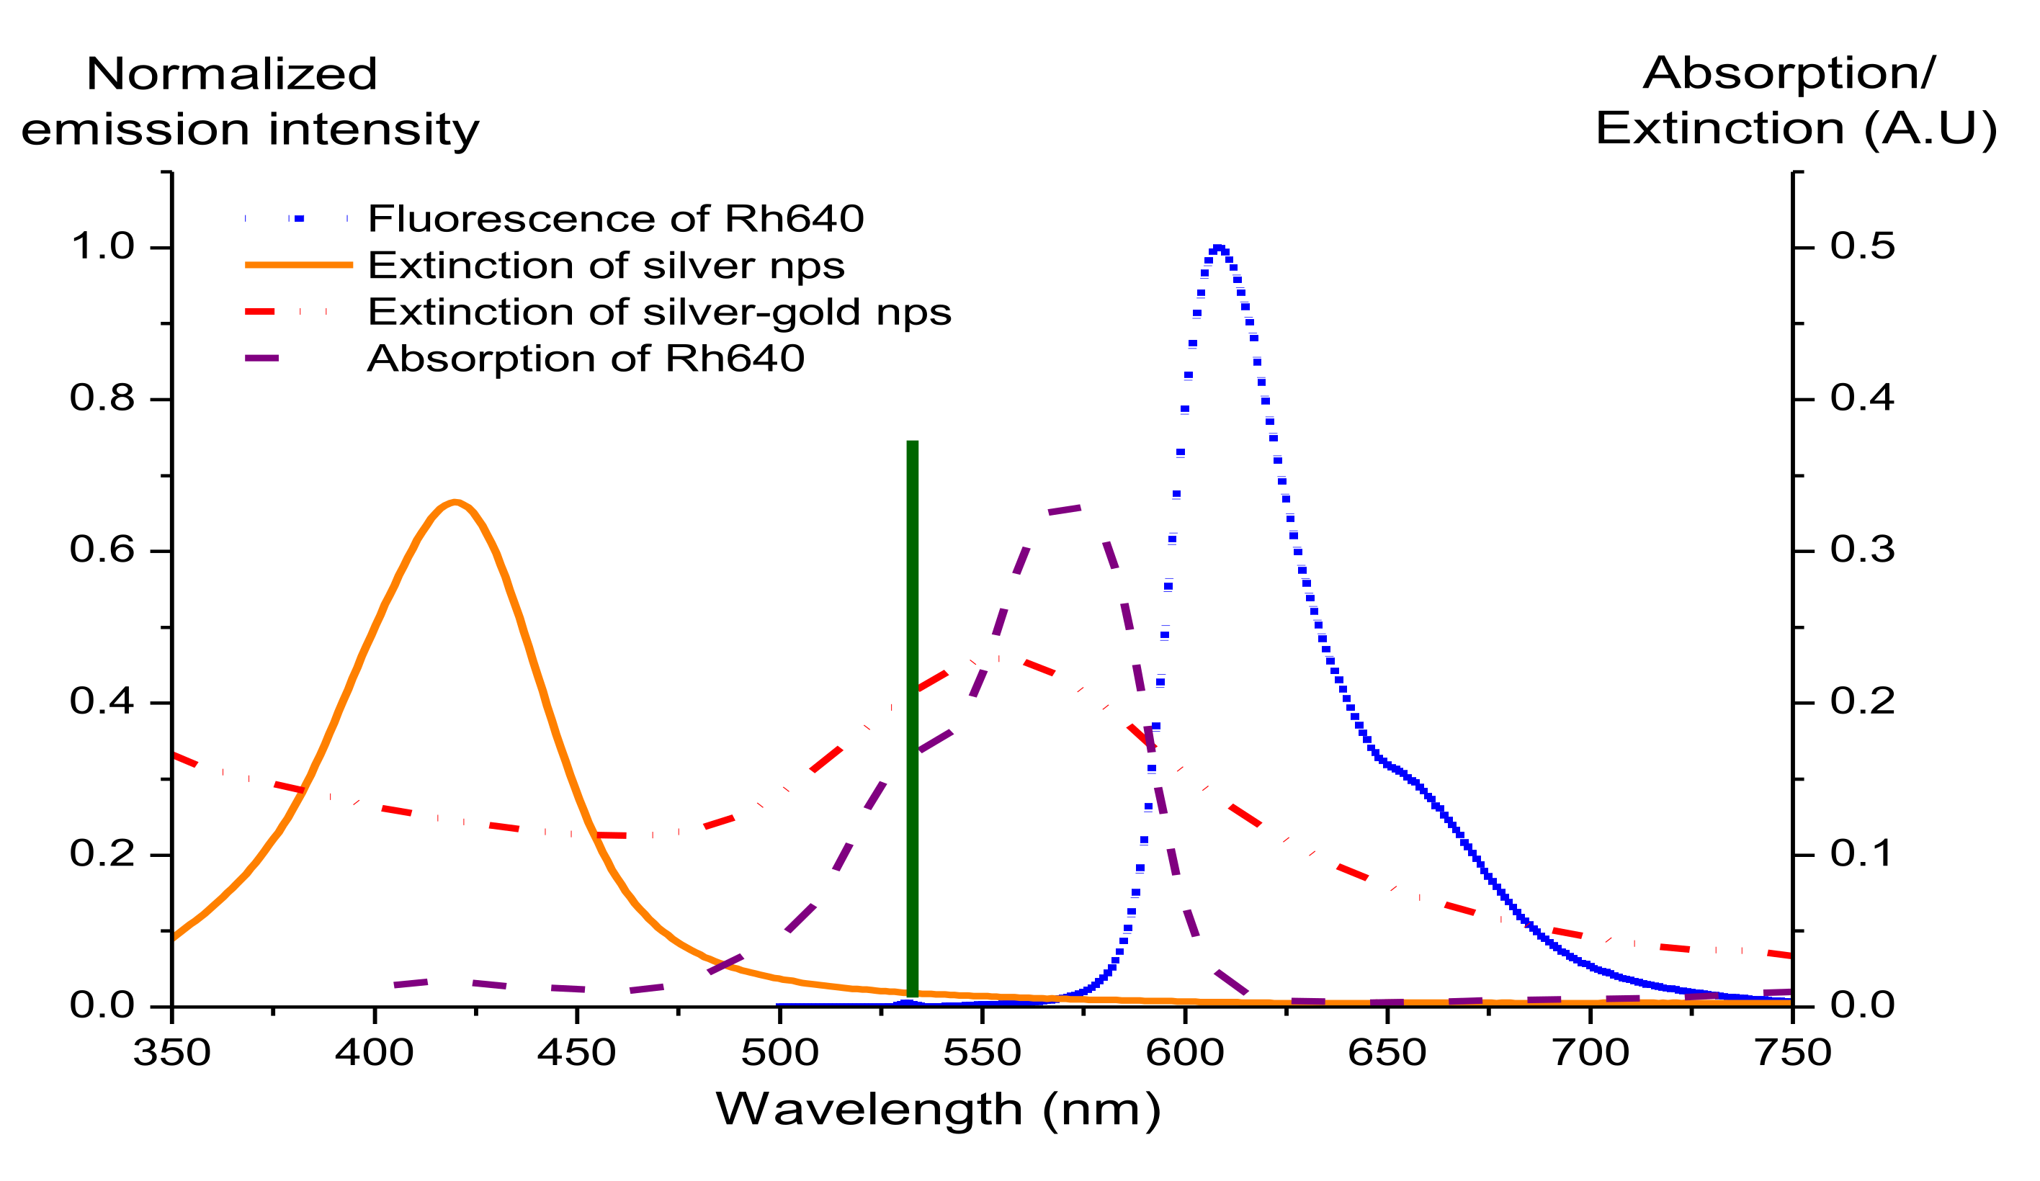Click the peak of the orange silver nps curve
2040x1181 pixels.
click(x=456, y=503)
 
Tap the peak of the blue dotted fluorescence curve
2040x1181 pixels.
click(x=1218, y=248)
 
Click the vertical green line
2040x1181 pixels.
click(x=913, y=712)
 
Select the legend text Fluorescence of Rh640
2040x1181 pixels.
click(x=615, y=218)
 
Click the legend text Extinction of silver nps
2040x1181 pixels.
click(x=606, y=266)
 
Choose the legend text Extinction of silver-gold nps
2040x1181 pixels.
click(x=659, y=312)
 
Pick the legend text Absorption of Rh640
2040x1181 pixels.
click(x=586, y=358)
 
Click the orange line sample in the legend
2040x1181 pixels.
click(x=299, y=265)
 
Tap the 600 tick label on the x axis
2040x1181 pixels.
click(x=1184, y=1052)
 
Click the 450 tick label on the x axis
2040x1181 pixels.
click(x=576, y=1052)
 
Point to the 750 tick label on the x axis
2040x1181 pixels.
click(x=1792, y=1052)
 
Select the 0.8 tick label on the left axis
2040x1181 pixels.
click(x=102, y=398)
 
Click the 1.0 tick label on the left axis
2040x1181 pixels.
click(x=102, y=246)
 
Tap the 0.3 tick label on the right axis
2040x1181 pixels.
click(x=1862, y=549)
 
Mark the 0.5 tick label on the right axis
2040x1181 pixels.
click(x=1862, y=246)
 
